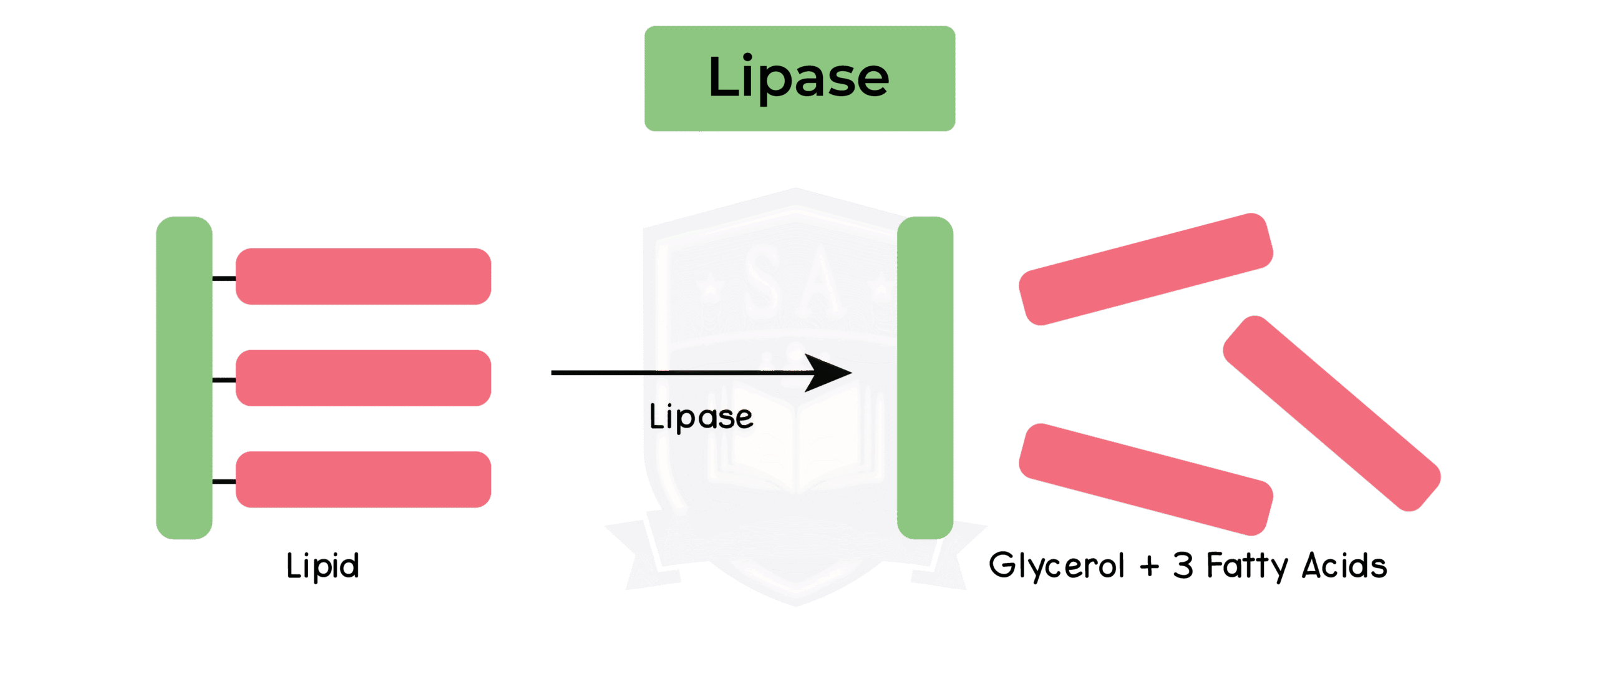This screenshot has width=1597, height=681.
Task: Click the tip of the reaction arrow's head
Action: (x=852, y=373)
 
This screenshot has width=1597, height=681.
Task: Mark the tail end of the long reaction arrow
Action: (x=551, y=373)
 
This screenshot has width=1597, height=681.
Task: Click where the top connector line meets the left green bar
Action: (x=213, y=278)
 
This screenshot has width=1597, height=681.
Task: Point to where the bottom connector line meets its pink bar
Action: (x=236, y=481)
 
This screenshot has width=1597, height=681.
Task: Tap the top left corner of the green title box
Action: (x=645, y=26)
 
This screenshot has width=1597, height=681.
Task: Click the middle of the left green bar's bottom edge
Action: (x=184, y=539)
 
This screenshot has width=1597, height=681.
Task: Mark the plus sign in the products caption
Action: (x=1149, y=567)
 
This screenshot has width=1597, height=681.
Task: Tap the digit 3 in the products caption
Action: (x=1183, y=566)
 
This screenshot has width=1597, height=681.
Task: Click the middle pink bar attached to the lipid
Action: (x=363, y=378)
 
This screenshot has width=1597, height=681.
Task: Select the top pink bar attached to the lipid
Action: (x=363, y=277)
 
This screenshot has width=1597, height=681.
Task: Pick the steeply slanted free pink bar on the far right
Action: (x=1332, y=413)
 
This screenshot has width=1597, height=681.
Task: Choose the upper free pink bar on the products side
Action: (x=1146, y=269)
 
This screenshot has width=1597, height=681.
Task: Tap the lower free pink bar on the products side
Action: (x=1146, y=479)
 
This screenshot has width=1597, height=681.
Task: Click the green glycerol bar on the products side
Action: (x=925, y=378)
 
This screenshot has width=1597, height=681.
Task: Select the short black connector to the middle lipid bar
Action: (x=224, y=380)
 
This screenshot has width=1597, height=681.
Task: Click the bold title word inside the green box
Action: (x=799, y=77)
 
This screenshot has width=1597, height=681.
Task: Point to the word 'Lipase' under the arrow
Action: (x=701, y=417)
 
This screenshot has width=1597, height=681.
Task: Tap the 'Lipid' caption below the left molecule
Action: (x=323, y=566)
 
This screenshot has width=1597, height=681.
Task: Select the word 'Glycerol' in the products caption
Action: (x=1057, y=566)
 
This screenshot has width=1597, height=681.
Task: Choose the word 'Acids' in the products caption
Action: (x=1344, y=566)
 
